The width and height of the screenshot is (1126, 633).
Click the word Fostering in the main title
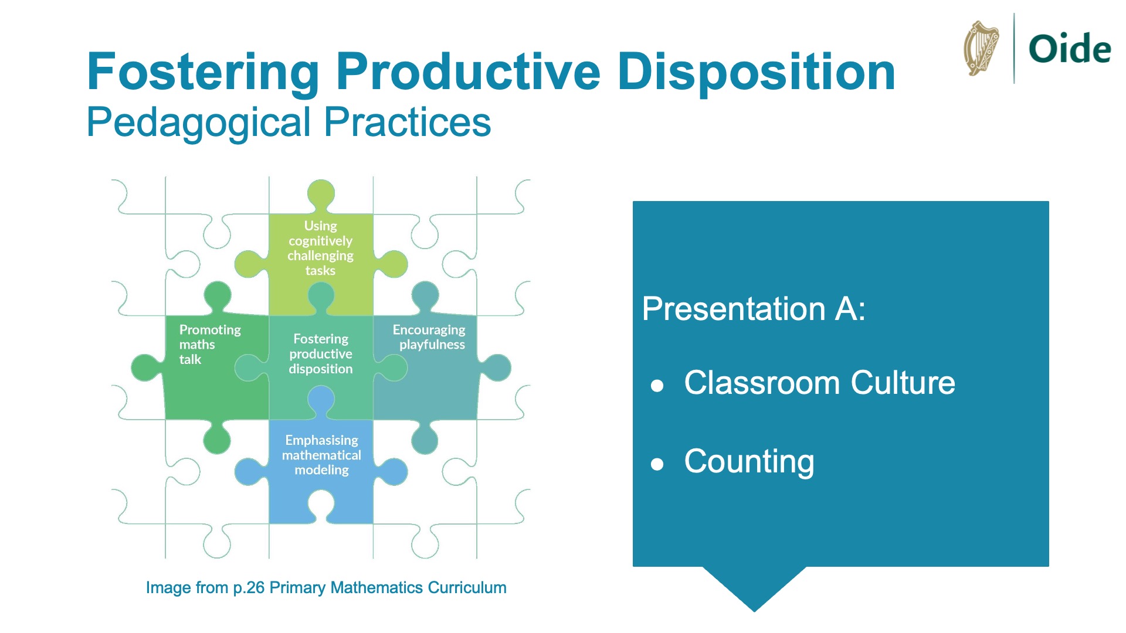tap(203, 73)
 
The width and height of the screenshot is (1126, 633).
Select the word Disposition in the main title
tap(757, 73)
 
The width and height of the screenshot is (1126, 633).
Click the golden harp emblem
tap(981, 48)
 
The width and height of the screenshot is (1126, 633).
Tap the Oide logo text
tap(1070, 49)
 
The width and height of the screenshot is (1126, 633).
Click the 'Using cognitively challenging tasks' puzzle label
tap(320, 248)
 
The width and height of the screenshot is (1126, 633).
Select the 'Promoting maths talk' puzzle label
tap(210, 345)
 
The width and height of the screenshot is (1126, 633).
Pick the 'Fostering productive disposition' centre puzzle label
tap(321, 354)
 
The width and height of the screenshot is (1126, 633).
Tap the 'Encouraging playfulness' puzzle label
tap(429, 337)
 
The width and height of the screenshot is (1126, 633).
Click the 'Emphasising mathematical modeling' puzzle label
tap(321, 455)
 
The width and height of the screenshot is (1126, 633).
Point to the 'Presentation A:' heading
tap(754, 309)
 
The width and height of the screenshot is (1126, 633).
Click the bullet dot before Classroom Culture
tap(657, 386)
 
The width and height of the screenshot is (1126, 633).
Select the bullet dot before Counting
tap(657, 465)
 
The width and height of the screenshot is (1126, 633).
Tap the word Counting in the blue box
tap(749, 462)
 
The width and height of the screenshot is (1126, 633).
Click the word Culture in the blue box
tap(903, 383)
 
